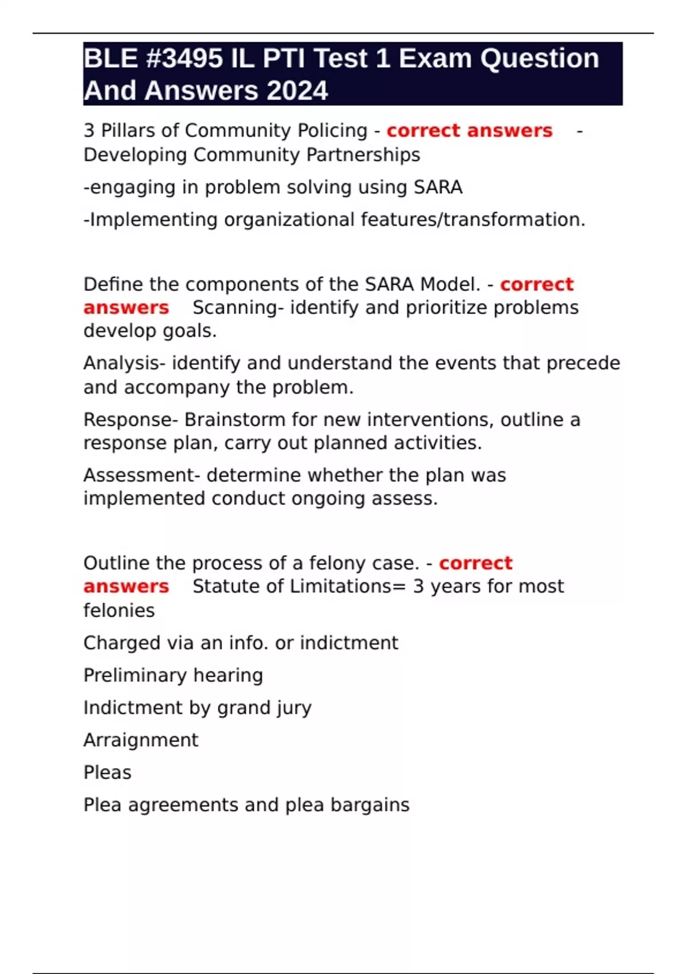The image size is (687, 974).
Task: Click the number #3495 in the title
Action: [184, 59]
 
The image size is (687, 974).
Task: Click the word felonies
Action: [119, 611]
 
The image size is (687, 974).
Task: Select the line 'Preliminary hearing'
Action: [173, 675]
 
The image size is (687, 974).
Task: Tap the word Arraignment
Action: [141, 740]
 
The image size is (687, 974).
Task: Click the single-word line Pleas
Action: [108, 773]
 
